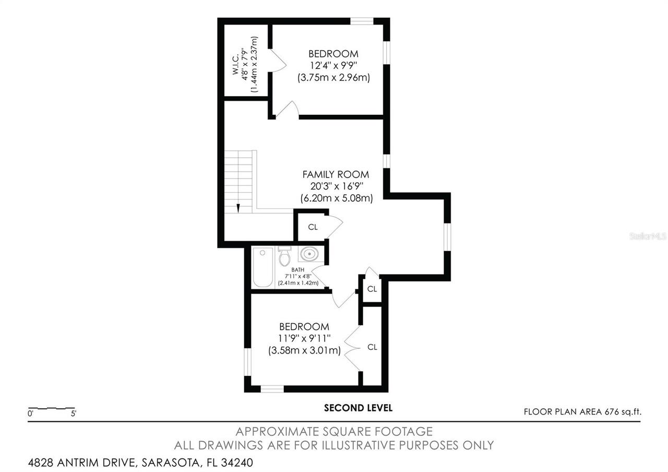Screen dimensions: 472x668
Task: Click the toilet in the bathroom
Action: (284, 256)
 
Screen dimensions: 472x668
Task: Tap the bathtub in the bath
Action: (263, 267)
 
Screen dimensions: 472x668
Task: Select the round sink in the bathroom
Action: (309, 255)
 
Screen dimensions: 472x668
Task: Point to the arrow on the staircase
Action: (238, 208)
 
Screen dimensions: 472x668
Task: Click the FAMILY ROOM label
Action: (336, 174)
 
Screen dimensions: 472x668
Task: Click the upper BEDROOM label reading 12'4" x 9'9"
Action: (333, 54)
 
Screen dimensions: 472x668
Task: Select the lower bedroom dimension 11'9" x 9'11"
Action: (305, 339)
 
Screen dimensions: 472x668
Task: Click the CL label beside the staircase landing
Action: (313, 227)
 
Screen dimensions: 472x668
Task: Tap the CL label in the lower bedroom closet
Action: (372, 347)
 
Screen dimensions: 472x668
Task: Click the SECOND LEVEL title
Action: (358, 408)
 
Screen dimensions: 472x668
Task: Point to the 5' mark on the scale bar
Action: (74, 414)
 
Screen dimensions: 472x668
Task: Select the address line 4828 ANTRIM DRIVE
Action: (140, 463)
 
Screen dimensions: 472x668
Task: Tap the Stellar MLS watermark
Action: (648, 236)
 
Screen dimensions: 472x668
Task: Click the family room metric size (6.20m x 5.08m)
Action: (336, 198)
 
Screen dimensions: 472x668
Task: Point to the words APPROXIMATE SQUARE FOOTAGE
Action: (334, 432)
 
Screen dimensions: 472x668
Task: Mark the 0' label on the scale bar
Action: (31, 414)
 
